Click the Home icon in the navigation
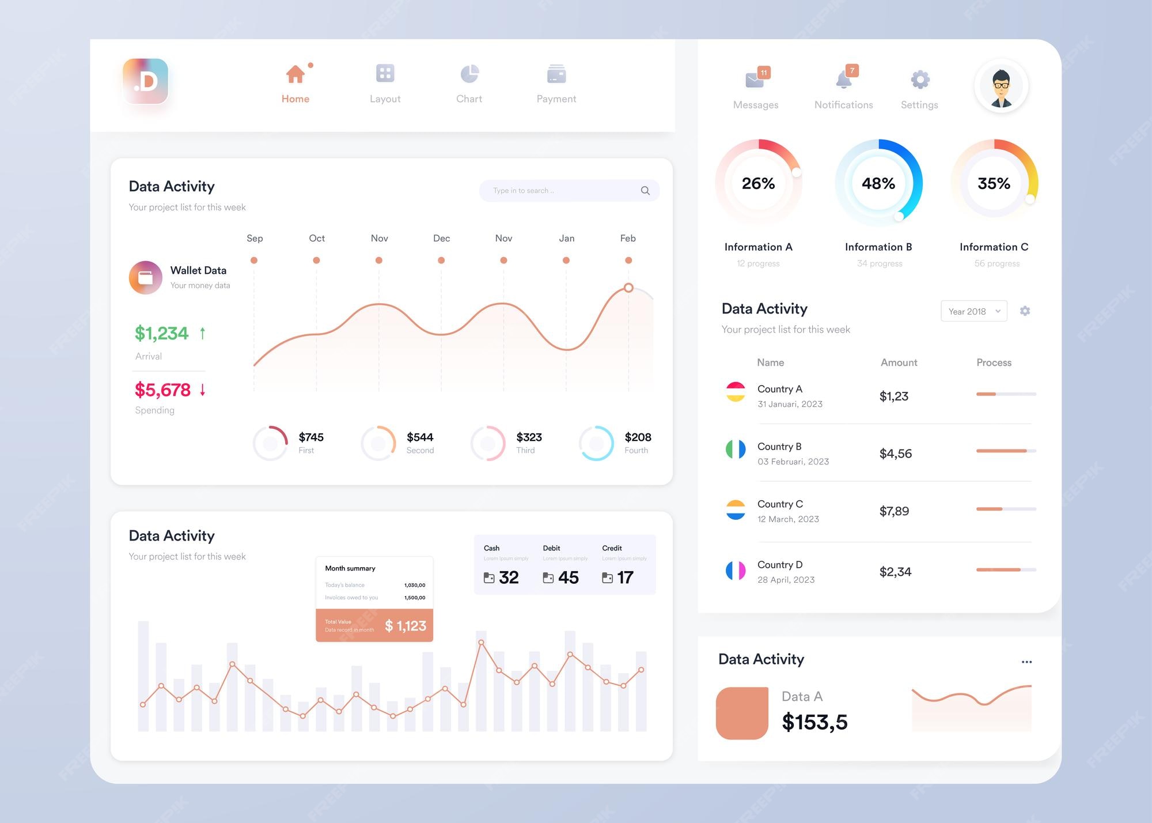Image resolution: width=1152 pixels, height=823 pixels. [295, 74]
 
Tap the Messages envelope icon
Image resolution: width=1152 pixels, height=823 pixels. [755, 80]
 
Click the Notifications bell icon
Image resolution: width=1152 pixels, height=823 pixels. [844, 80]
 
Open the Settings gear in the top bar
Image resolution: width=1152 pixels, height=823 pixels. [920, 80]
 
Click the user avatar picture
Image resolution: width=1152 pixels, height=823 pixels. [1001, 86]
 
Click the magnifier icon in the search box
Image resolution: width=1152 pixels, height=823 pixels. [645, 191]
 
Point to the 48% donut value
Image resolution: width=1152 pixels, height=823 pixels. [878, 184]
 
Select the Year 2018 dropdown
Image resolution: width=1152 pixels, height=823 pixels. [974, 311]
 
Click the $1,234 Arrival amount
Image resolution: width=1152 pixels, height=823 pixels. [162, 333]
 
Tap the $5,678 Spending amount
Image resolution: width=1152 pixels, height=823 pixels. [162, 390]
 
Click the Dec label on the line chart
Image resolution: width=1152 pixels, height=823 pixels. [441, 239]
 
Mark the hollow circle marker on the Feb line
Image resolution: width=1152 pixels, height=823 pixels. [628, 288]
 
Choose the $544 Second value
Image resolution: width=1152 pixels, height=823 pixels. [420, 437]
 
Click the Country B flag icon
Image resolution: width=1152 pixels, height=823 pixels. [736, 449]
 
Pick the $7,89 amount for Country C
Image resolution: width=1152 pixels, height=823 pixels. [894, 511]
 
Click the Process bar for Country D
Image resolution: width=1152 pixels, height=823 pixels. [1006, 569]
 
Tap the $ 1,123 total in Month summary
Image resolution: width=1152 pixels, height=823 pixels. [406, 626]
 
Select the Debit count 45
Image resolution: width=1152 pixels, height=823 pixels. [568, 577]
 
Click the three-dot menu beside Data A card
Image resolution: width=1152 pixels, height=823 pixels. [1026, 662]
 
